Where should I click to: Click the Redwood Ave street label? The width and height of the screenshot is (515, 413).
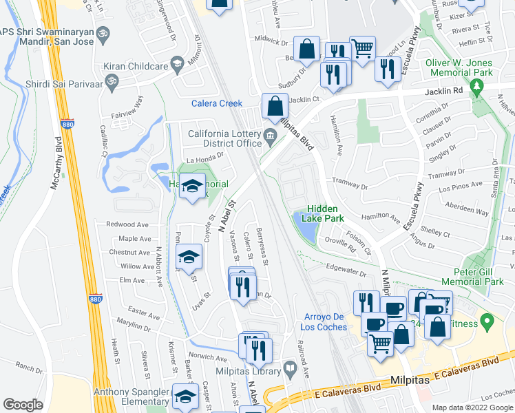(128, 225)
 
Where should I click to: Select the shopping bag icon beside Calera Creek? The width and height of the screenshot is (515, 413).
(275, 107)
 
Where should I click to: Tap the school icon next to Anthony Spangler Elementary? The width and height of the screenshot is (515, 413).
(185, 397)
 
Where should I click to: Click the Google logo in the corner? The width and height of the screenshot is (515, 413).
(23, 405)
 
